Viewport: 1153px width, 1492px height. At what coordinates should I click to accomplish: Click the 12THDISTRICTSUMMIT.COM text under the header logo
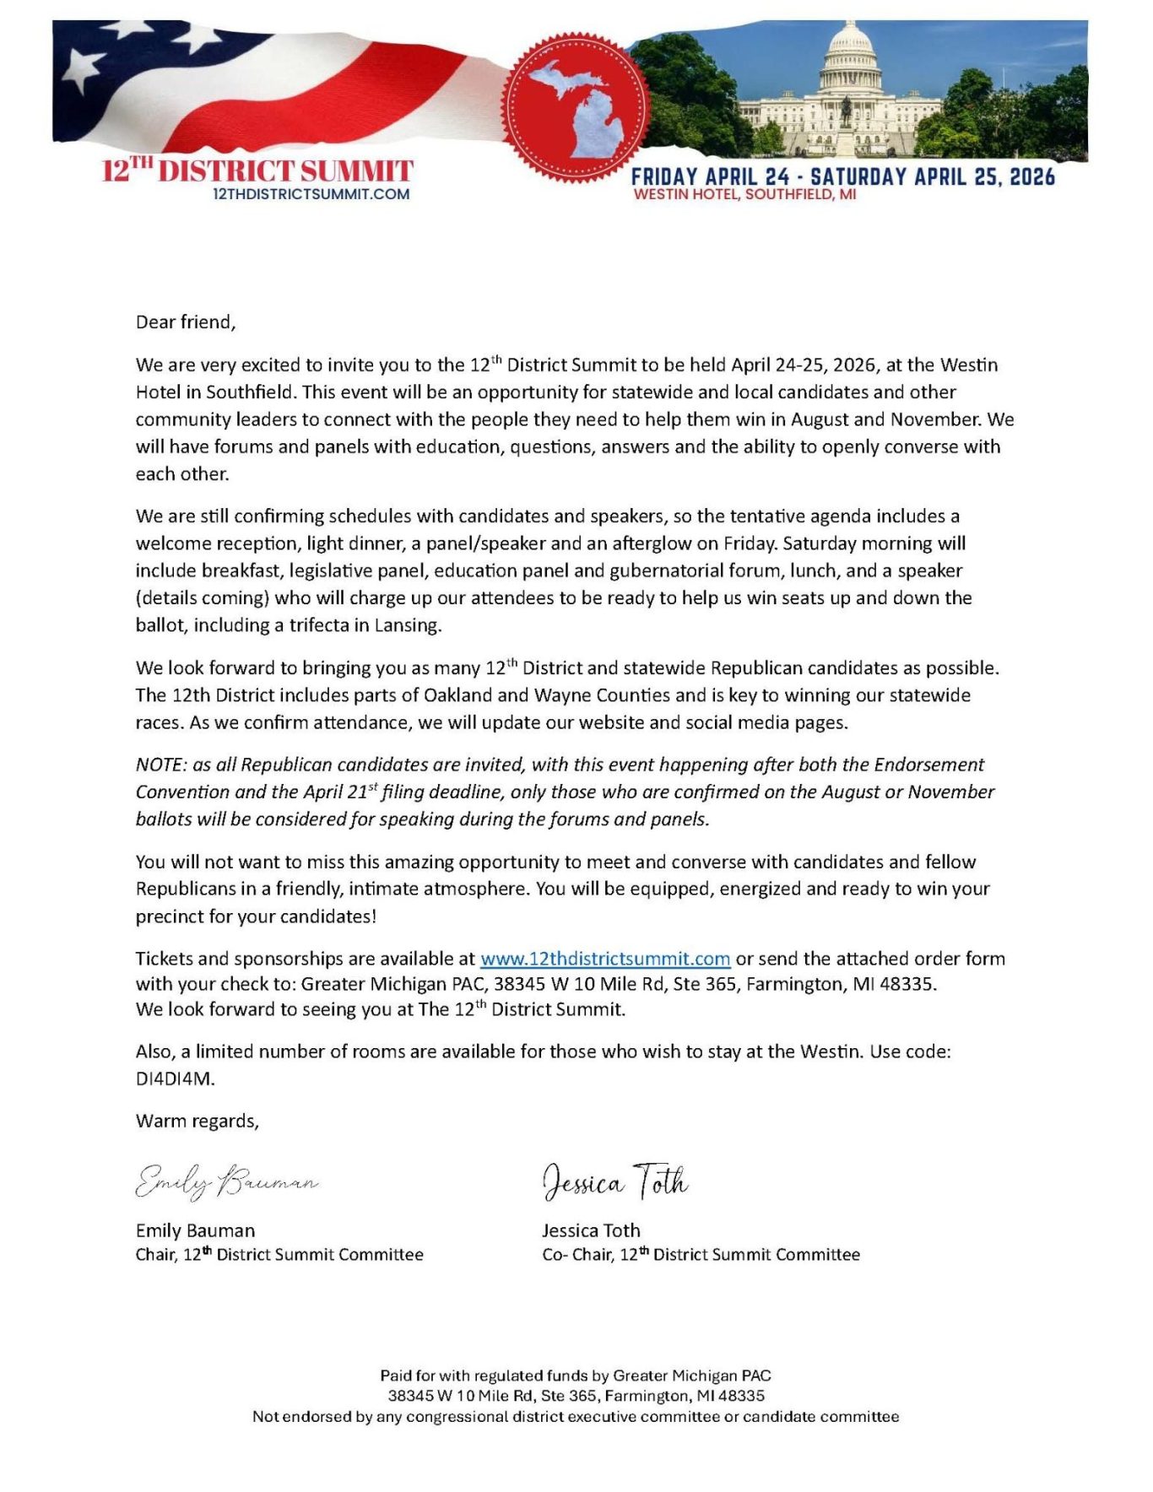coord(311,194)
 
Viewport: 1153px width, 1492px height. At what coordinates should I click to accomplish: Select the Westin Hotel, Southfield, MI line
coord(744,194)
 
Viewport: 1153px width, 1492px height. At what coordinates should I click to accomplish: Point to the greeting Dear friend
coord(186,322)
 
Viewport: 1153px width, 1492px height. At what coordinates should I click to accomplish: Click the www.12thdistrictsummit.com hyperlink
coord(604,959)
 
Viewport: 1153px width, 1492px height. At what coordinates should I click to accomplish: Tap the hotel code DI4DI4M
coord(175,1078)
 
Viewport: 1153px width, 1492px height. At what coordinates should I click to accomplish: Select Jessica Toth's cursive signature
coord(614,1181)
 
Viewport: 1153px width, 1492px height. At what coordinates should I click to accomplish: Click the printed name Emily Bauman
coord(195,1230)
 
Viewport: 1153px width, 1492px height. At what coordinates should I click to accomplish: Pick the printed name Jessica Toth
coord(591,1230)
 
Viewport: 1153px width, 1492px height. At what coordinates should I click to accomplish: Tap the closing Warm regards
coord(197,1121)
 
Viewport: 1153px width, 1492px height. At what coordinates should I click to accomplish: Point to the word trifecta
coord(300,625)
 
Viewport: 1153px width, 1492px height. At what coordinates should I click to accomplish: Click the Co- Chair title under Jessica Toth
coord(576,1255)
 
